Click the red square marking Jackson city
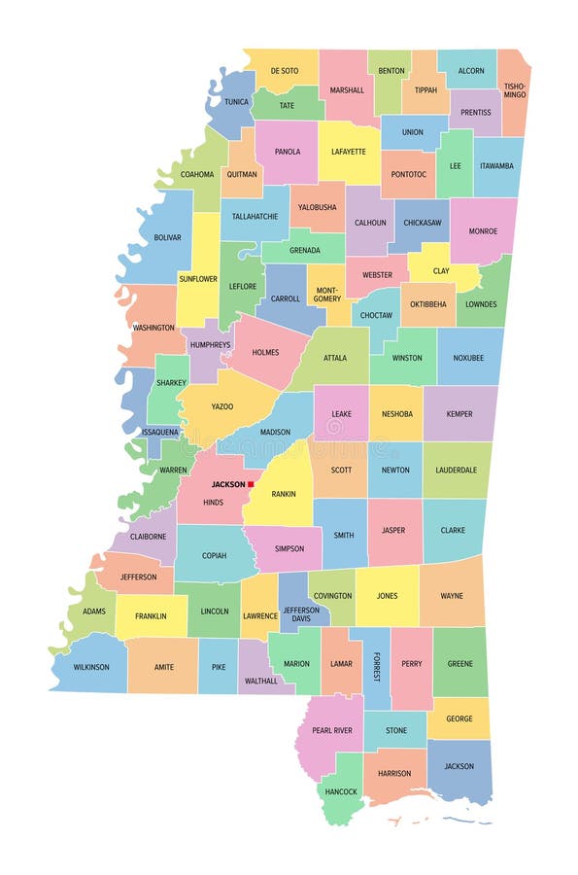tap(251, 484)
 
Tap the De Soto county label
tap(285, 71)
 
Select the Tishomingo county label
tap(514, 90)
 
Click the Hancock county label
tap(341, 791)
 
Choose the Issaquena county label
tap(160, 431)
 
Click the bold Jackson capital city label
tap(228, 484)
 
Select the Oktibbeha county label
tap(427, 304)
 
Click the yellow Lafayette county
tap(348, 152)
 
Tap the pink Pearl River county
tap(331, 730)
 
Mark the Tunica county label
tap(237, 100)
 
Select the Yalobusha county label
tap(318, 207)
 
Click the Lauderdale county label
tap(457, 470)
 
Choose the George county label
tap(459, 718)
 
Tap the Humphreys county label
tap(210, 344)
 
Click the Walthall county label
tap(261, 682)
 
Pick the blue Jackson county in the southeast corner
tap(459, 768)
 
